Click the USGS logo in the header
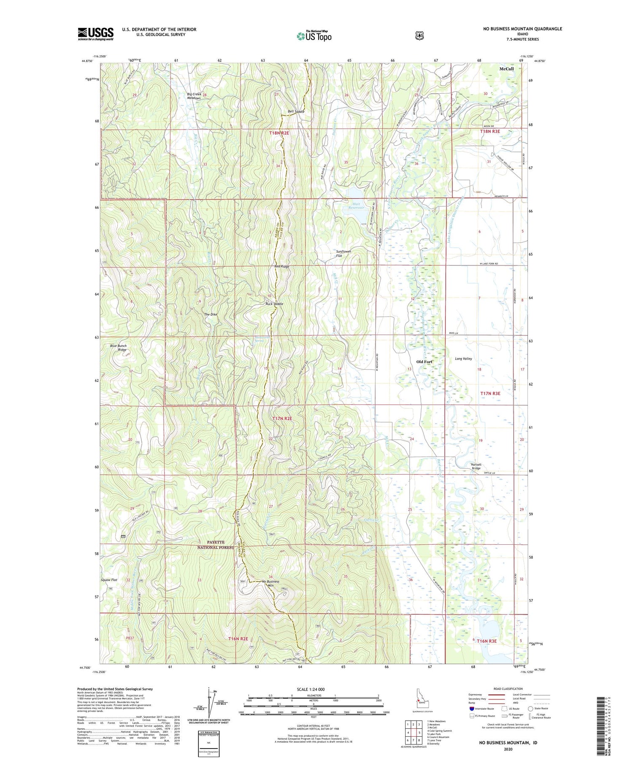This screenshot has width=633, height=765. coord(95,34)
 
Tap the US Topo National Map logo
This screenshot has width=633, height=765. coord(314,36)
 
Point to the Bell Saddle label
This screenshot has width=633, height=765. coord(296,111)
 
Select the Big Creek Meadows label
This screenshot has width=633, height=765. coord(194,96)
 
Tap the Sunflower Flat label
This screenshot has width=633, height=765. coord(344,254)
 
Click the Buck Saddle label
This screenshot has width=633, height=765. coord(274,304)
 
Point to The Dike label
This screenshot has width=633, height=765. coord(211,314)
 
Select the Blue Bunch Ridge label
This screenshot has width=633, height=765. coord(118,348)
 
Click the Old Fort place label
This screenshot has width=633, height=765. coord(424,362)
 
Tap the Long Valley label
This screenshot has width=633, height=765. coord(463,359)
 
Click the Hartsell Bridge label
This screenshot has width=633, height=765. coord(476,466)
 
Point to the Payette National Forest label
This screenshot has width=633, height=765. coord(215,545)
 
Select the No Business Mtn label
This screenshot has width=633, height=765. coord(271,584)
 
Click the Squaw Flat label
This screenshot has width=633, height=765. coord(109,580)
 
